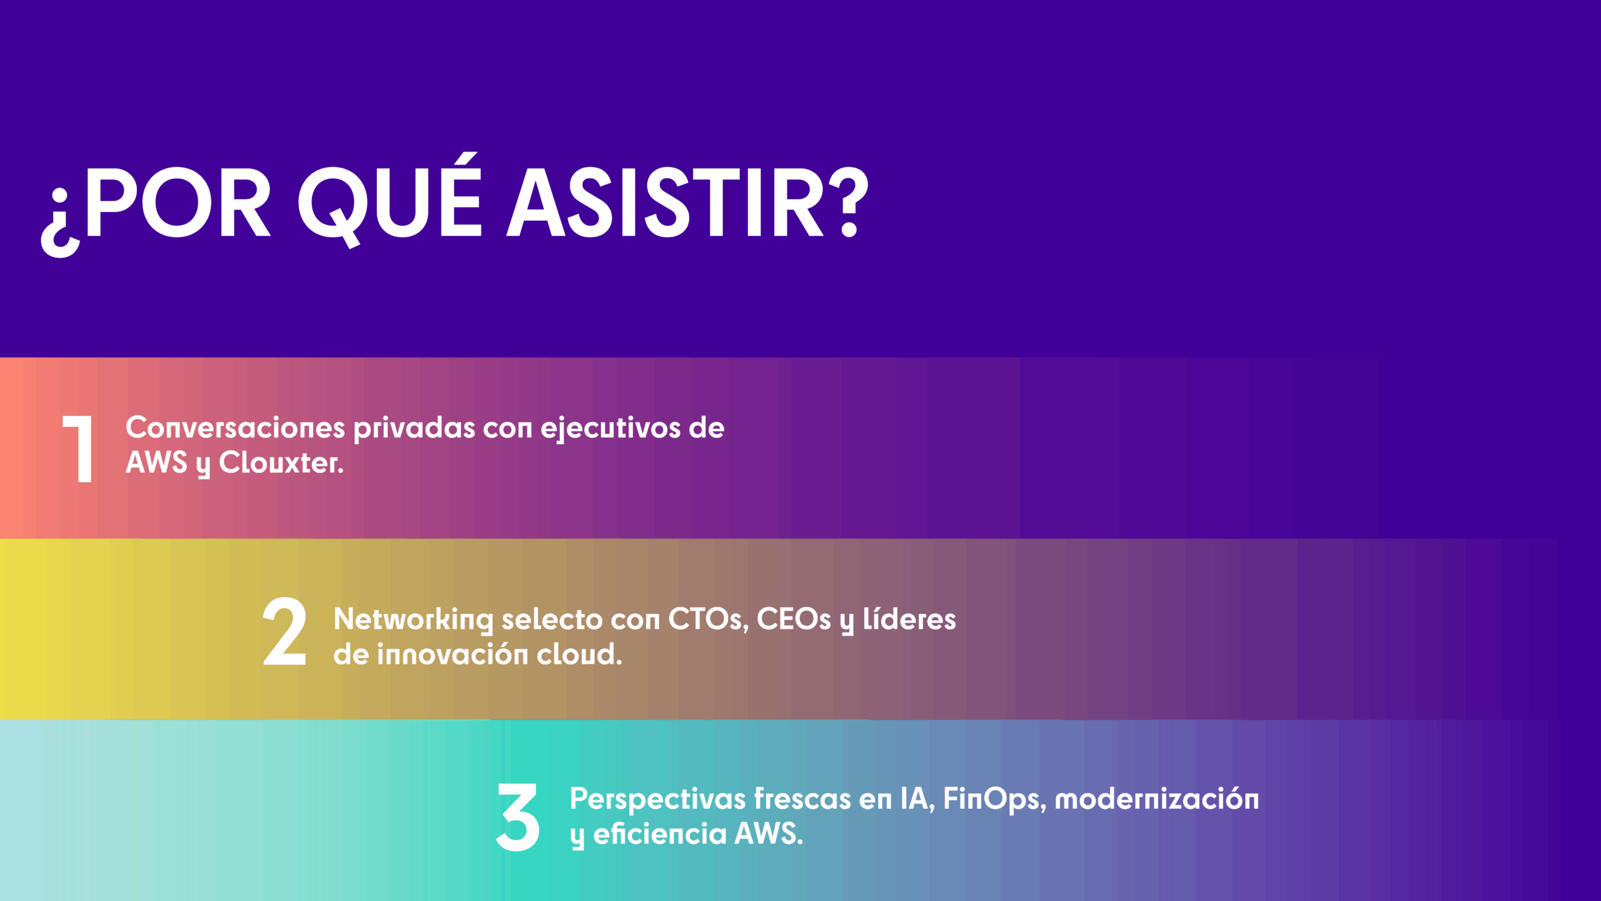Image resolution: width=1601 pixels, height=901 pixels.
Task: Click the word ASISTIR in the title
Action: (x=665, y=203)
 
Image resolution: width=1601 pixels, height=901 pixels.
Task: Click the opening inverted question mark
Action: (x=61, y=223)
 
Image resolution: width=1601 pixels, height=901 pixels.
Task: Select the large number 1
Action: (x=78, y=449)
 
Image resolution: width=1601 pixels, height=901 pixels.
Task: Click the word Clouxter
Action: (x=281, y=463)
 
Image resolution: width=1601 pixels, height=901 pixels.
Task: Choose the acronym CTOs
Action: (x=709, y=619)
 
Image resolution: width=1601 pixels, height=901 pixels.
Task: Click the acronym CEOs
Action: (x=794, y=619)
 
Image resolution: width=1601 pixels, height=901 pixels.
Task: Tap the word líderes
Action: (x=909, y=619)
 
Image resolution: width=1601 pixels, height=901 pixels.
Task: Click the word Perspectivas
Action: (x=658, y=800)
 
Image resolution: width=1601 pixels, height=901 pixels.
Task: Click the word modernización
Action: (x=1157, y=799)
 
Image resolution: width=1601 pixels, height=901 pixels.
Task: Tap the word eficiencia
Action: (x=660, y=834)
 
